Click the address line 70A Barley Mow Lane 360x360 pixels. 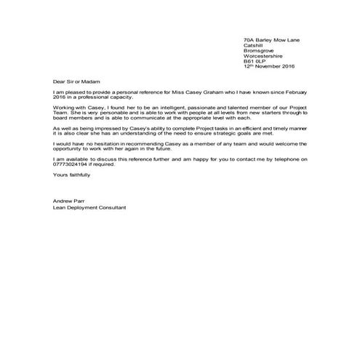point(272,39)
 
